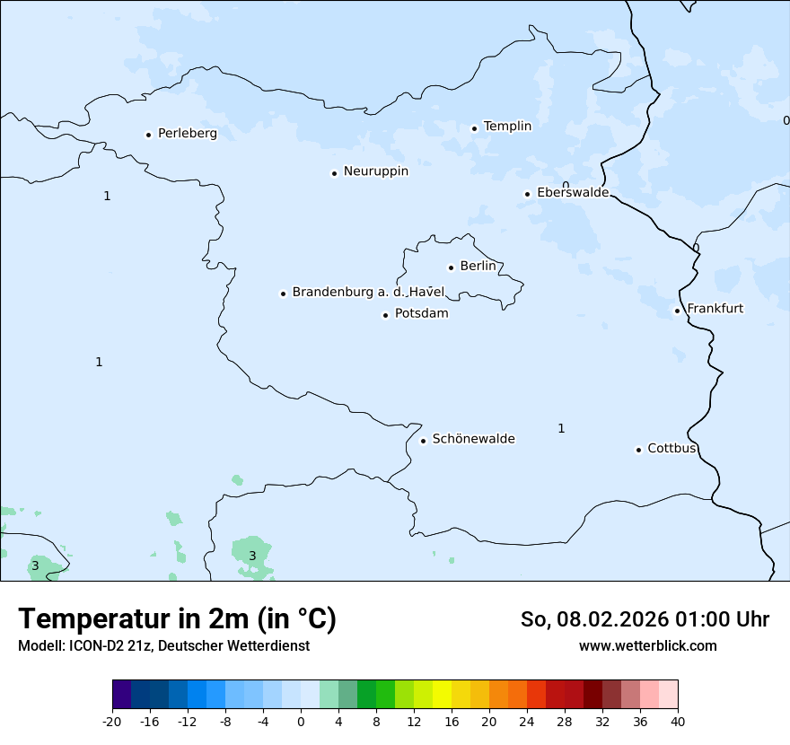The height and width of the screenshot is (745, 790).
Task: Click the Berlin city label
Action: click(478, 267)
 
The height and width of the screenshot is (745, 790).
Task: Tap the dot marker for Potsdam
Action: click(385, 315)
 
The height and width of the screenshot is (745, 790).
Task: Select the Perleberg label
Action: click(187, 134)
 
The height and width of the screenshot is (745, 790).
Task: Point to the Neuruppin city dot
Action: click(334, 173)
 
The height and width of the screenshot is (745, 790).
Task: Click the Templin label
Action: click(507, 127)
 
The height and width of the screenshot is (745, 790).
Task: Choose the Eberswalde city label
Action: click(573, 193)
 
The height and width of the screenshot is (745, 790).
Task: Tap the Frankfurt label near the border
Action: click(715, 309)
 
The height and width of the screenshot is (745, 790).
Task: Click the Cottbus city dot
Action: click(638, 450)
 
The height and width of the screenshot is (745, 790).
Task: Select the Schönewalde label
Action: click(473, 439)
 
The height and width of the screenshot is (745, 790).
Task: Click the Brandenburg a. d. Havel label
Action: click(368, 292)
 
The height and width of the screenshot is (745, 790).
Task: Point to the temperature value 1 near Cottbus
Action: click(561, 428)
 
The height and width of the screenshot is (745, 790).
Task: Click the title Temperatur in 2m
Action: click(178, 618)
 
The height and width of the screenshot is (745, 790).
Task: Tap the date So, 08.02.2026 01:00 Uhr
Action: click(645, 619)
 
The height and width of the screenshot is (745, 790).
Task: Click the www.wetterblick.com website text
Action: click(647, 645)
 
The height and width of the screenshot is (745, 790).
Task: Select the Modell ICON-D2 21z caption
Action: click(163, 645)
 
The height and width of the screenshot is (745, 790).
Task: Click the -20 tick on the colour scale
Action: click(112, 721)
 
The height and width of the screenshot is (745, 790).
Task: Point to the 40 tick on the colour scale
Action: click(677, 721)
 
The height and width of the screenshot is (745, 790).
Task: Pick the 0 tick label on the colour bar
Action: click(301, 721)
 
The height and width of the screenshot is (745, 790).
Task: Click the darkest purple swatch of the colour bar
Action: click(122, 695)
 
